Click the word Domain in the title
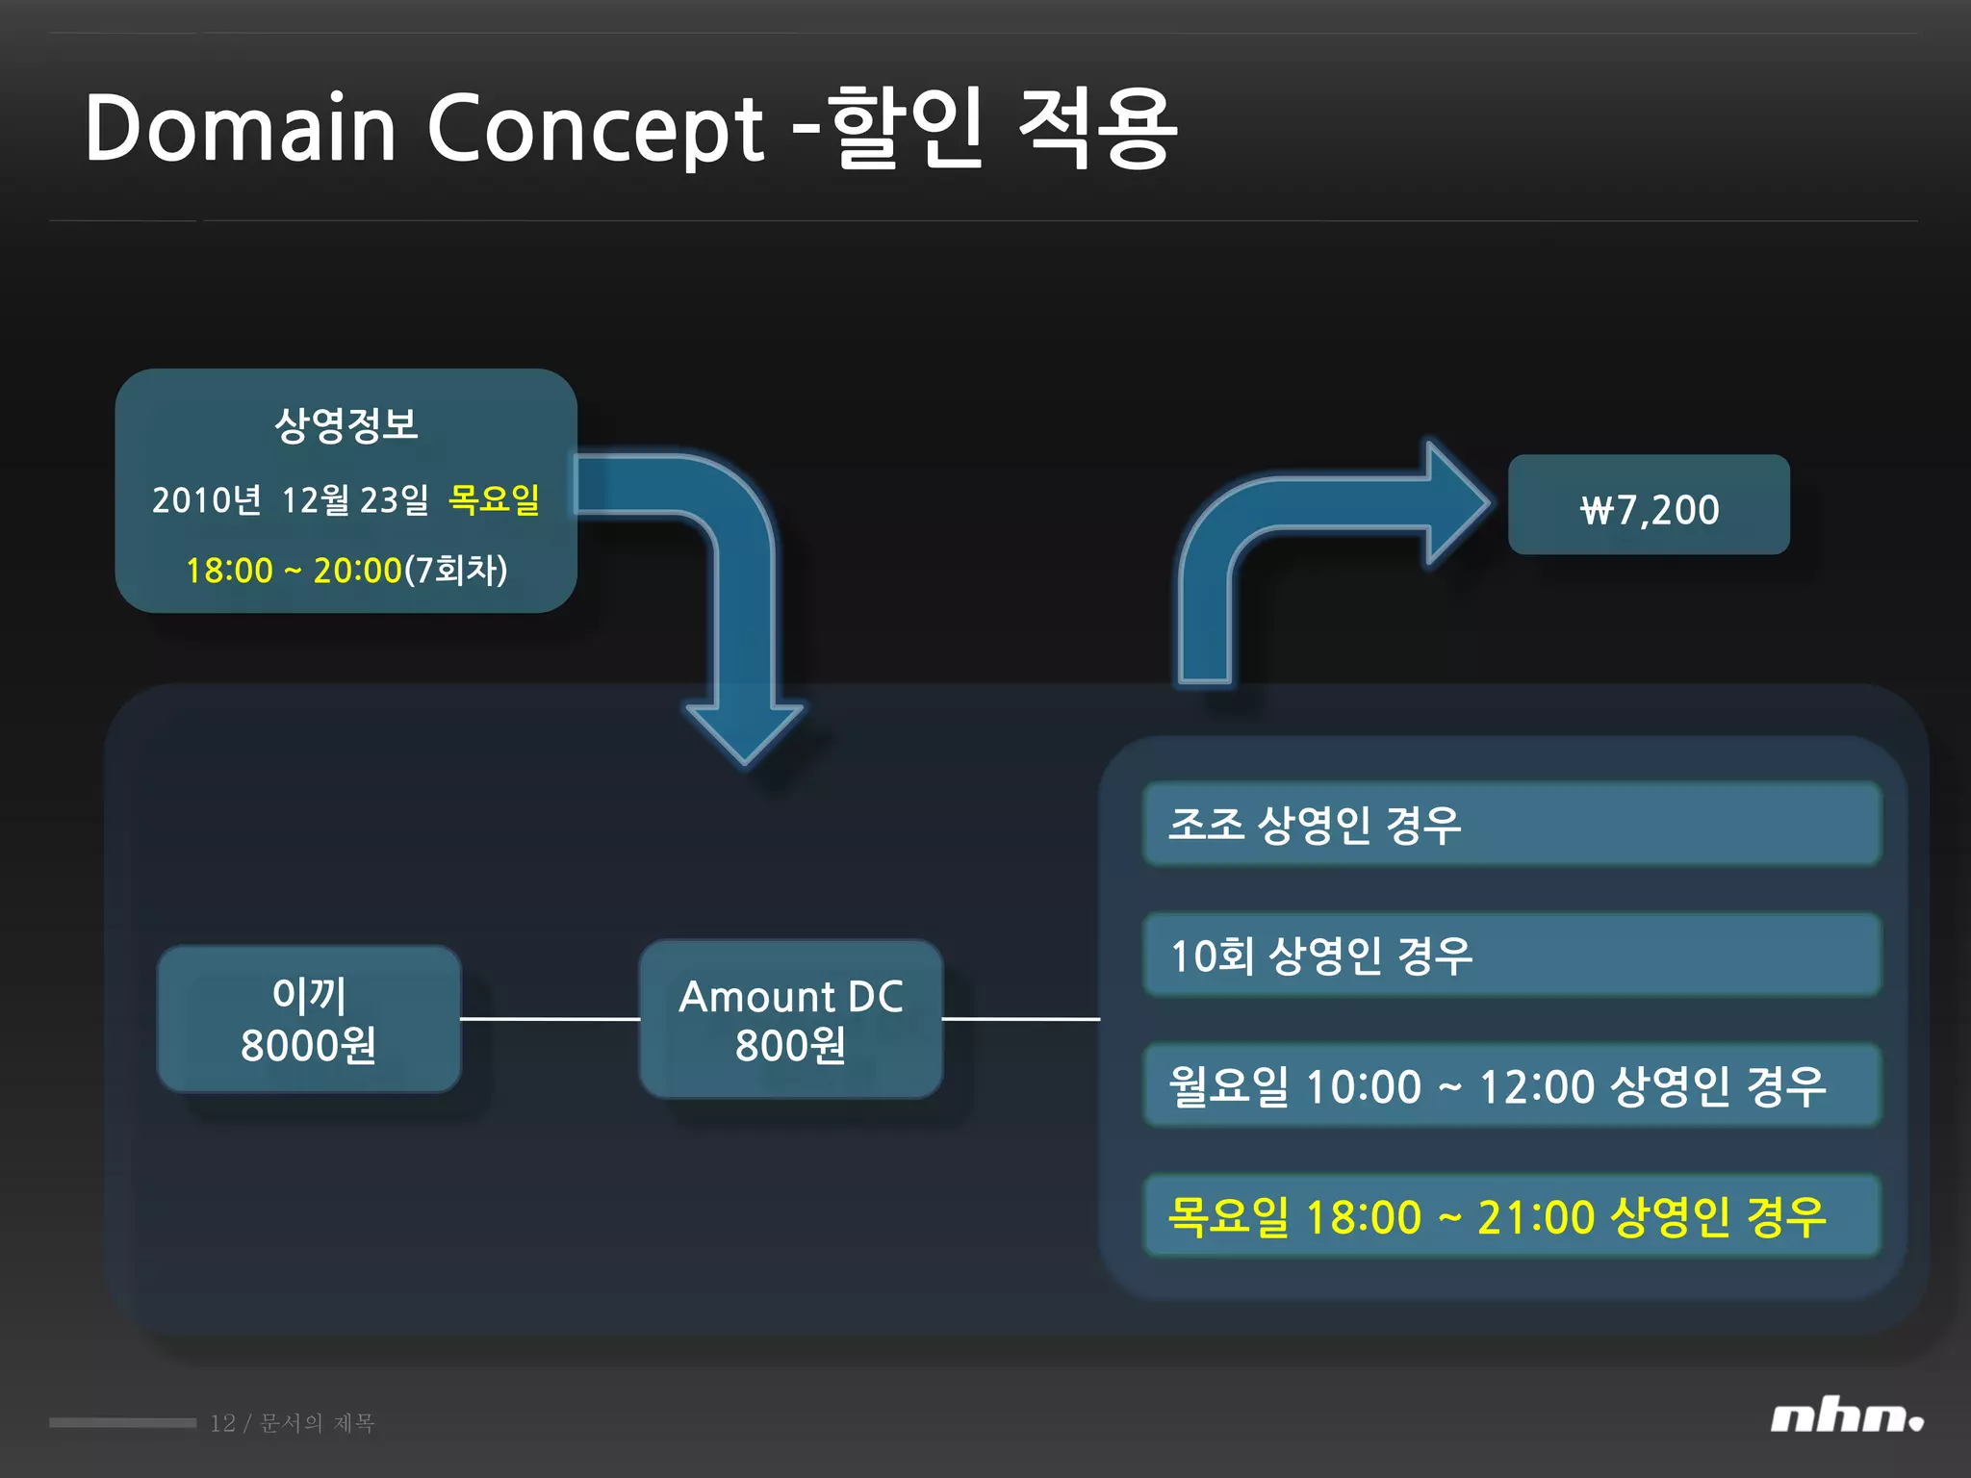click(x=241, y=129)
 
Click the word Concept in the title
click(x=595, y=129)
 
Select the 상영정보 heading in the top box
click(x=346, y=424)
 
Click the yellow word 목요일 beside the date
click(x=494, y=498)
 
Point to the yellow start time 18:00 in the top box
click(x=229, y=571)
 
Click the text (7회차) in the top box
click(x=455, y=570)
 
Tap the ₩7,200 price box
click(x=1649, y=505)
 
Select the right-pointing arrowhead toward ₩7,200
click(x=1456, y=501)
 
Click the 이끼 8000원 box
click(x=309, y=1019)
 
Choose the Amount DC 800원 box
click(x=791, y=1019)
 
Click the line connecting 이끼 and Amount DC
click(x=550, y=1018)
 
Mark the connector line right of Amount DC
click(x=1020, y=1018)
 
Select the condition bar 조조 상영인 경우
click(x=1511, y=825)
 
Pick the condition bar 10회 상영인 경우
click(x=1511, y=956)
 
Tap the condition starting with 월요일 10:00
click(x=1511, y=1086)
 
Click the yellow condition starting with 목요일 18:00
click(x=1511, y=1216)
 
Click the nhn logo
click(x=1846, y=1418)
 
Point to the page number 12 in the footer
click(x=222, y=1423)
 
